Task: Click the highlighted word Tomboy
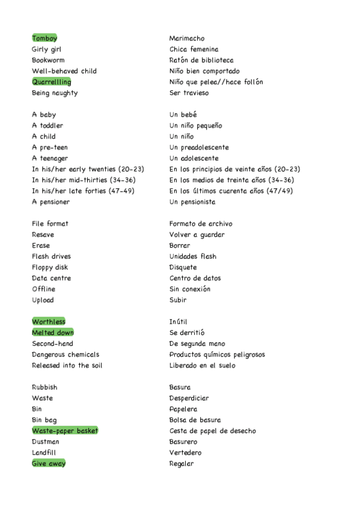(44, 38)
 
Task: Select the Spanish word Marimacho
(187, 38)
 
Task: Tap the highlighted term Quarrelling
(51, 82)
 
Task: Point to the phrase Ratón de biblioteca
(201, 60)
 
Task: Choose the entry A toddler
(47, 126)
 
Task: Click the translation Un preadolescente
(199, 147)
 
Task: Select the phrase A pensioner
(50, 202)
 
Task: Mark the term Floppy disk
(50, 268)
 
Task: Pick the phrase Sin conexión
(190, 289)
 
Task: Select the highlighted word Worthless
(49, 322)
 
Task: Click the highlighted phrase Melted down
(53, 333)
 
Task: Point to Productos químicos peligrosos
(217, 355)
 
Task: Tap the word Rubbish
(44, 387)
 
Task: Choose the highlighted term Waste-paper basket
(65, 431)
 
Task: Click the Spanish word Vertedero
(186, 453)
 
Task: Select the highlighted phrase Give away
(49, 464)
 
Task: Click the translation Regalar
(182, 464)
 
